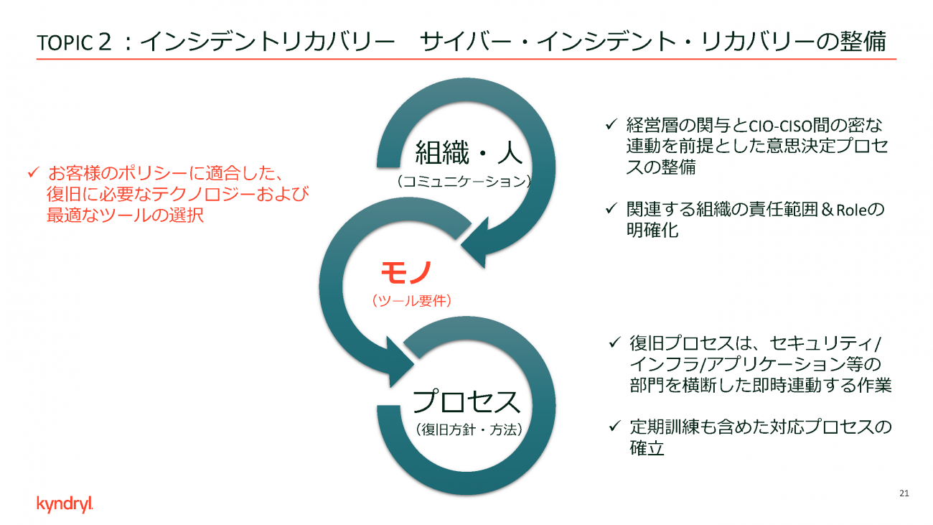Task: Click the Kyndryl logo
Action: pyautogui.click(x=65, y=504)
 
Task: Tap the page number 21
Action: pyautogui.click(x=904, y=493)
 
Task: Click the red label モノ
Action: pyautogui.click(x=406, y=272)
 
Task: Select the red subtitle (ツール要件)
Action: pyautogui.click(x=411, y=300)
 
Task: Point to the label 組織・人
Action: pyautogui.click(x=469, y=152)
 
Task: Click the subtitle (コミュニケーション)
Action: pyautogui.click(x=464, y=181)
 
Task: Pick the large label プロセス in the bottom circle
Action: pyautogui.click(x=466, y=401)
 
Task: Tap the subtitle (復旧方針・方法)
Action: pyautogui.click(x=469, y=429)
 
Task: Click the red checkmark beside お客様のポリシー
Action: pyautogui.click(x=33, y=172)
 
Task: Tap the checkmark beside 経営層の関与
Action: pyautogui.click(x=611, y=124)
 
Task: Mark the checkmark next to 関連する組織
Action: pyautogui.click(x=611, y=208)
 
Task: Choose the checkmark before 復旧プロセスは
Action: pyautogui.click(x=614, y=342)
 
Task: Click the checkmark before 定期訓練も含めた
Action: pyautogui.click(x=614, y=426)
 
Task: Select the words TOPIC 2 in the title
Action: pyautogui.click(x=74, y=42)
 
